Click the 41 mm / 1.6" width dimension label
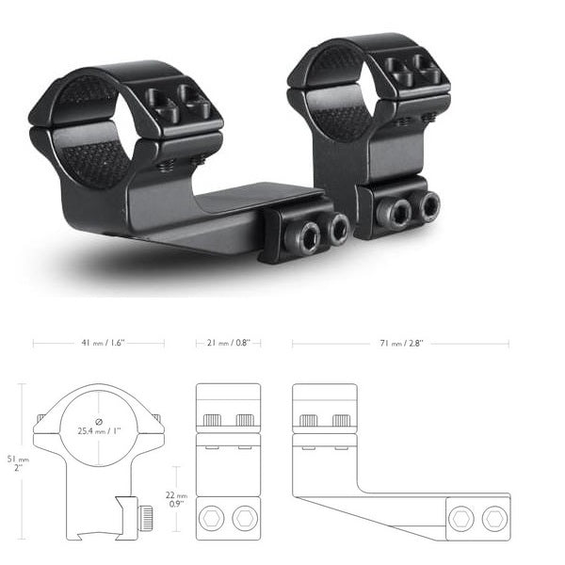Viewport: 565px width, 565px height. (x=98, y=344)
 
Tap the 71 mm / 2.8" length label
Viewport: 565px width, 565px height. (x=402, y=344)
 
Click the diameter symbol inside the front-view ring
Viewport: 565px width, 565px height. (x=98, y=421)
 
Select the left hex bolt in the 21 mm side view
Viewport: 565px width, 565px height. (x=215, y=517)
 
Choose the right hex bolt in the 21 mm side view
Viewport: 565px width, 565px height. (x=245, y=517)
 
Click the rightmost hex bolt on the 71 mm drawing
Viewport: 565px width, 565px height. (x=492, y=517)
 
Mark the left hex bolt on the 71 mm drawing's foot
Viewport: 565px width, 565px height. (x=461, y=517)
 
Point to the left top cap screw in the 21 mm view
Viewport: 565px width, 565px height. (x=213, y=419)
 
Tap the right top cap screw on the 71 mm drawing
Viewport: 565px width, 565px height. (x=340, y=419)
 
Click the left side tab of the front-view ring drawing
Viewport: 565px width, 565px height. (x=40, y=418)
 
